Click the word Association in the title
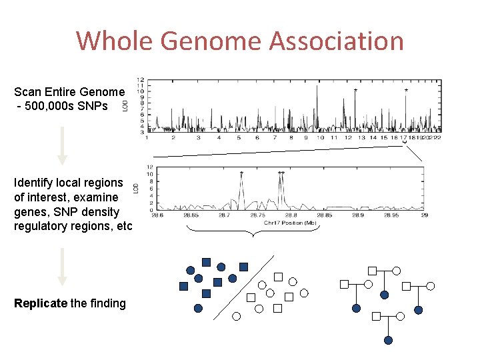coord(337,41)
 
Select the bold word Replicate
coord(41,303)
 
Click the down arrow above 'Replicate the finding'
coord(62,267)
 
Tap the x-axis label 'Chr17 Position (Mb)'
coord(290,223)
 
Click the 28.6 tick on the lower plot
coord(157,215)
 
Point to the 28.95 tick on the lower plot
coord(391,215)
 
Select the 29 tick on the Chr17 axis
coord(424,215)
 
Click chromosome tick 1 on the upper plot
coord(147,138)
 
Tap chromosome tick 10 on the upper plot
coord(321,138)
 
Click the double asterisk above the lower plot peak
coord(281,173)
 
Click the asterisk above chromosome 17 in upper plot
coord(406,90)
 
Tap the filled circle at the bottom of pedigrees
coord(389,340)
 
